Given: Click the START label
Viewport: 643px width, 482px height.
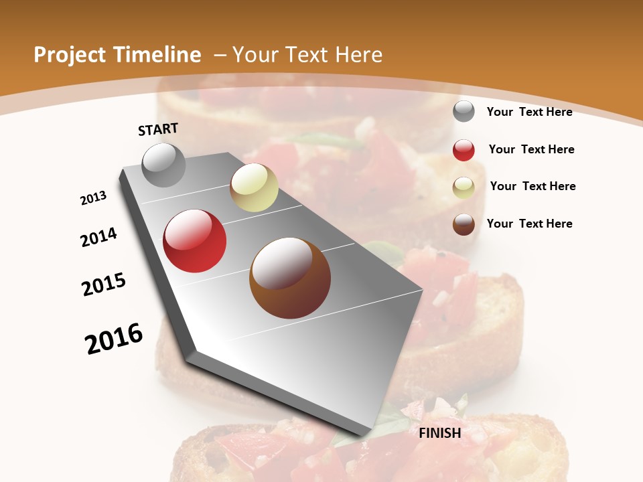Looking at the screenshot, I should [158, 129].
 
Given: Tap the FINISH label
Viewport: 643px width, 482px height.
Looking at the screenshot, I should [440, 433].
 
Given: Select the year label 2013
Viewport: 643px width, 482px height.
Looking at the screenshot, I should [93, 198].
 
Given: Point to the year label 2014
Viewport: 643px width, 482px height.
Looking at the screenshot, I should [99, 237].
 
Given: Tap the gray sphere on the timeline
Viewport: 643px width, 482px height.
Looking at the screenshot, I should [164, 165].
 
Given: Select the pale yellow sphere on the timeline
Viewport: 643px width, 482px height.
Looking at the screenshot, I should [254, 187].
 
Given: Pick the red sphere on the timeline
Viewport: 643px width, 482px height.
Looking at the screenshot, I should [195, 241].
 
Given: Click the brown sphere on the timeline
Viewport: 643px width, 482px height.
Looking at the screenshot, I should [290, 278].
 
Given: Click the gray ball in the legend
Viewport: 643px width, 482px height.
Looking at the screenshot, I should [463, 111].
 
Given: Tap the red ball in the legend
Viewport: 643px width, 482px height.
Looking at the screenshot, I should [463, 150].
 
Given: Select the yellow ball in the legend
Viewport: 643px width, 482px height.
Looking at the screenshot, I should [463, 187].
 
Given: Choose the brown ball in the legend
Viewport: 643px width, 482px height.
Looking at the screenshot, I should [463, 224].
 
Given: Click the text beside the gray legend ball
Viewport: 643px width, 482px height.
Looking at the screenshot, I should [529, 112].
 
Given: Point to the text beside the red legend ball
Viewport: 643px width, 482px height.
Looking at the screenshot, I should [531, 149].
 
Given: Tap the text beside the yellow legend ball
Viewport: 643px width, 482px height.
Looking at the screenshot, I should [532, 186].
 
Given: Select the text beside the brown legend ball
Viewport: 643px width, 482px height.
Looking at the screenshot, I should [529, 224].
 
